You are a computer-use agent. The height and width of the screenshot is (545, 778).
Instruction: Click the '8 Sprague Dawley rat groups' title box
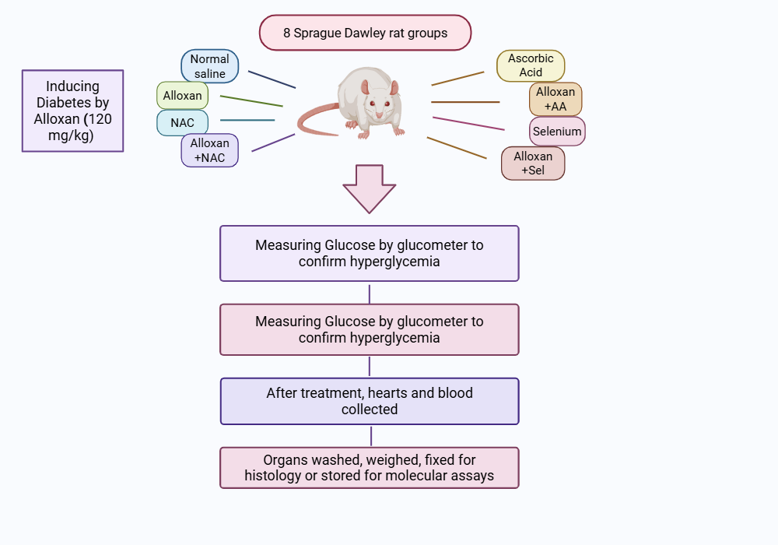coord(365,33)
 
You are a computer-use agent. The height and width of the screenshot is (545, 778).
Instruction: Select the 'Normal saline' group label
coord(209,66)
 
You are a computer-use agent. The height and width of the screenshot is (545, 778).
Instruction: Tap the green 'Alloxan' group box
coord(182,96)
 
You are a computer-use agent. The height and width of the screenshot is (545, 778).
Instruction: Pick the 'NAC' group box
coord(182,122)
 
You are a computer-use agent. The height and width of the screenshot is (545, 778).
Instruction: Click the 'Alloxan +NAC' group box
coord(209,150)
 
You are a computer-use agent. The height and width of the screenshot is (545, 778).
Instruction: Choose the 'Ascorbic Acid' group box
coord(531,65)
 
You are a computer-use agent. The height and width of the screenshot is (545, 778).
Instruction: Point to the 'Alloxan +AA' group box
coord(555,99)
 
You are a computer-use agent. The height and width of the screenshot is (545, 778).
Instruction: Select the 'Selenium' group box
coord(557,132)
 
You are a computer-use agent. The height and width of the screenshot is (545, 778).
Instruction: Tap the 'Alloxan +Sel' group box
coord(533,163)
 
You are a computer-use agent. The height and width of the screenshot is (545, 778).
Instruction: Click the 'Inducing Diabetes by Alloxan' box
coord(72,111)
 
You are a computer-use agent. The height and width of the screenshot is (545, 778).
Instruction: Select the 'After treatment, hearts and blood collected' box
coord(369,401)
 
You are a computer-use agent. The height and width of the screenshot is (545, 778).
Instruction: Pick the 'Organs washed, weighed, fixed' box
coord(369,467)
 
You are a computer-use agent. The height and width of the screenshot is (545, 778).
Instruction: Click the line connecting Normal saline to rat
coord(272,79)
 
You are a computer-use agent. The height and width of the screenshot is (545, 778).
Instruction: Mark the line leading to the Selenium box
coord(468,124)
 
